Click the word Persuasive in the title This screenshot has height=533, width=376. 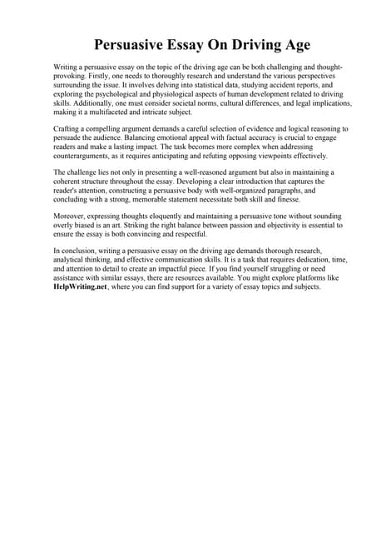pyautogui.click(x=131, y=43)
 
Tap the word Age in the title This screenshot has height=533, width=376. pyautogui.click(x=267, y=43)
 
